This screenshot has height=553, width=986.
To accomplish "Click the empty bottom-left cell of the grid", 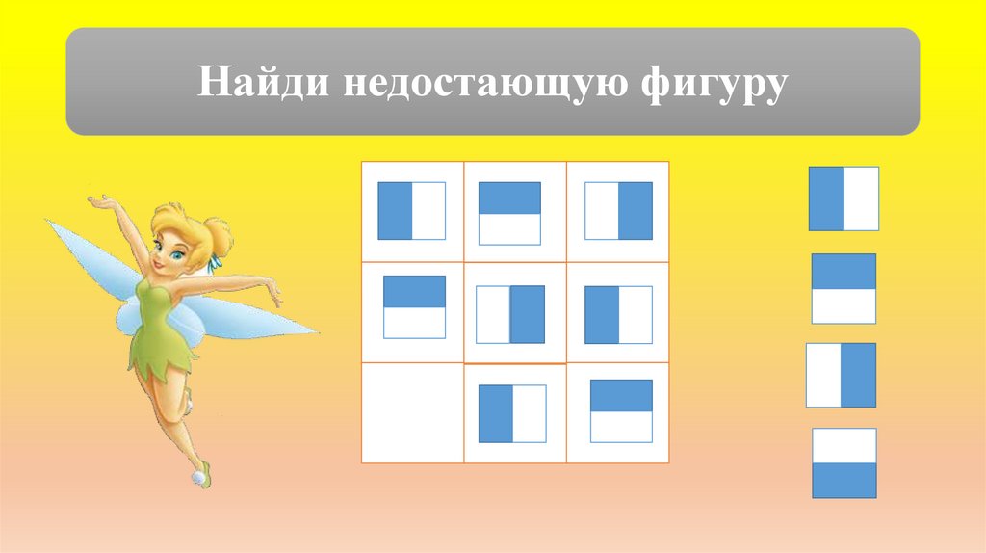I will (x=412, y=412).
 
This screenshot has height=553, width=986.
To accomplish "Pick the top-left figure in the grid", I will (x=412, y=210).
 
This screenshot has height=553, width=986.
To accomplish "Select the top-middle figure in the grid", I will (x=509, y=213).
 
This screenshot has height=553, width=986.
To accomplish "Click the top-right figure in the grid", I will (x=619, y=210).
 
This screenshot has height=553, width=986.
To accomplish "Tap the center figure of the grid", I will (x=510, y=314).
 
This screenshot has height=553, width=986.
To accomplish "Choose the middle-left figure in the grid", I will (x=415, y=306).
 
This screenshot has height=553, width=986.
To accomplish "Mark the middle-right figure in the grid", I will (x=619, y=314).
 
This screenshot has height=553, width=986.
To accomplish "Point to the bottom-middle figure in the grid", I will (x=512, y=413).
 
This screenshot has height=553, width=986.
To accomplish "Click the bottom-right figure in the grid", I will (x=621, y=410).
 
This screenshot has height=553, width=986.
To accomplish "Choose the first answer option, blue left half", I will (x=843, y=198).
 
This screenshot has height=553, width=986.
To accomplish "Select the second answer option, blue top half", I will (x=843, y=288).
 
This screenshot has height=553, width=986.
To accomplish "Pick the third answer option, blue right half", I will (x=841, y=375).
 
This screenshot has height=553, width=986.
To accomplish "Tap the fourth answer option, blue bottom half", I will (x=843, y=462).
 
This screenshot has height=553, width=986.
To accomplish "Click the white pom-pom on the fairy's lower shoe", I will (x=199, y=475).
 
